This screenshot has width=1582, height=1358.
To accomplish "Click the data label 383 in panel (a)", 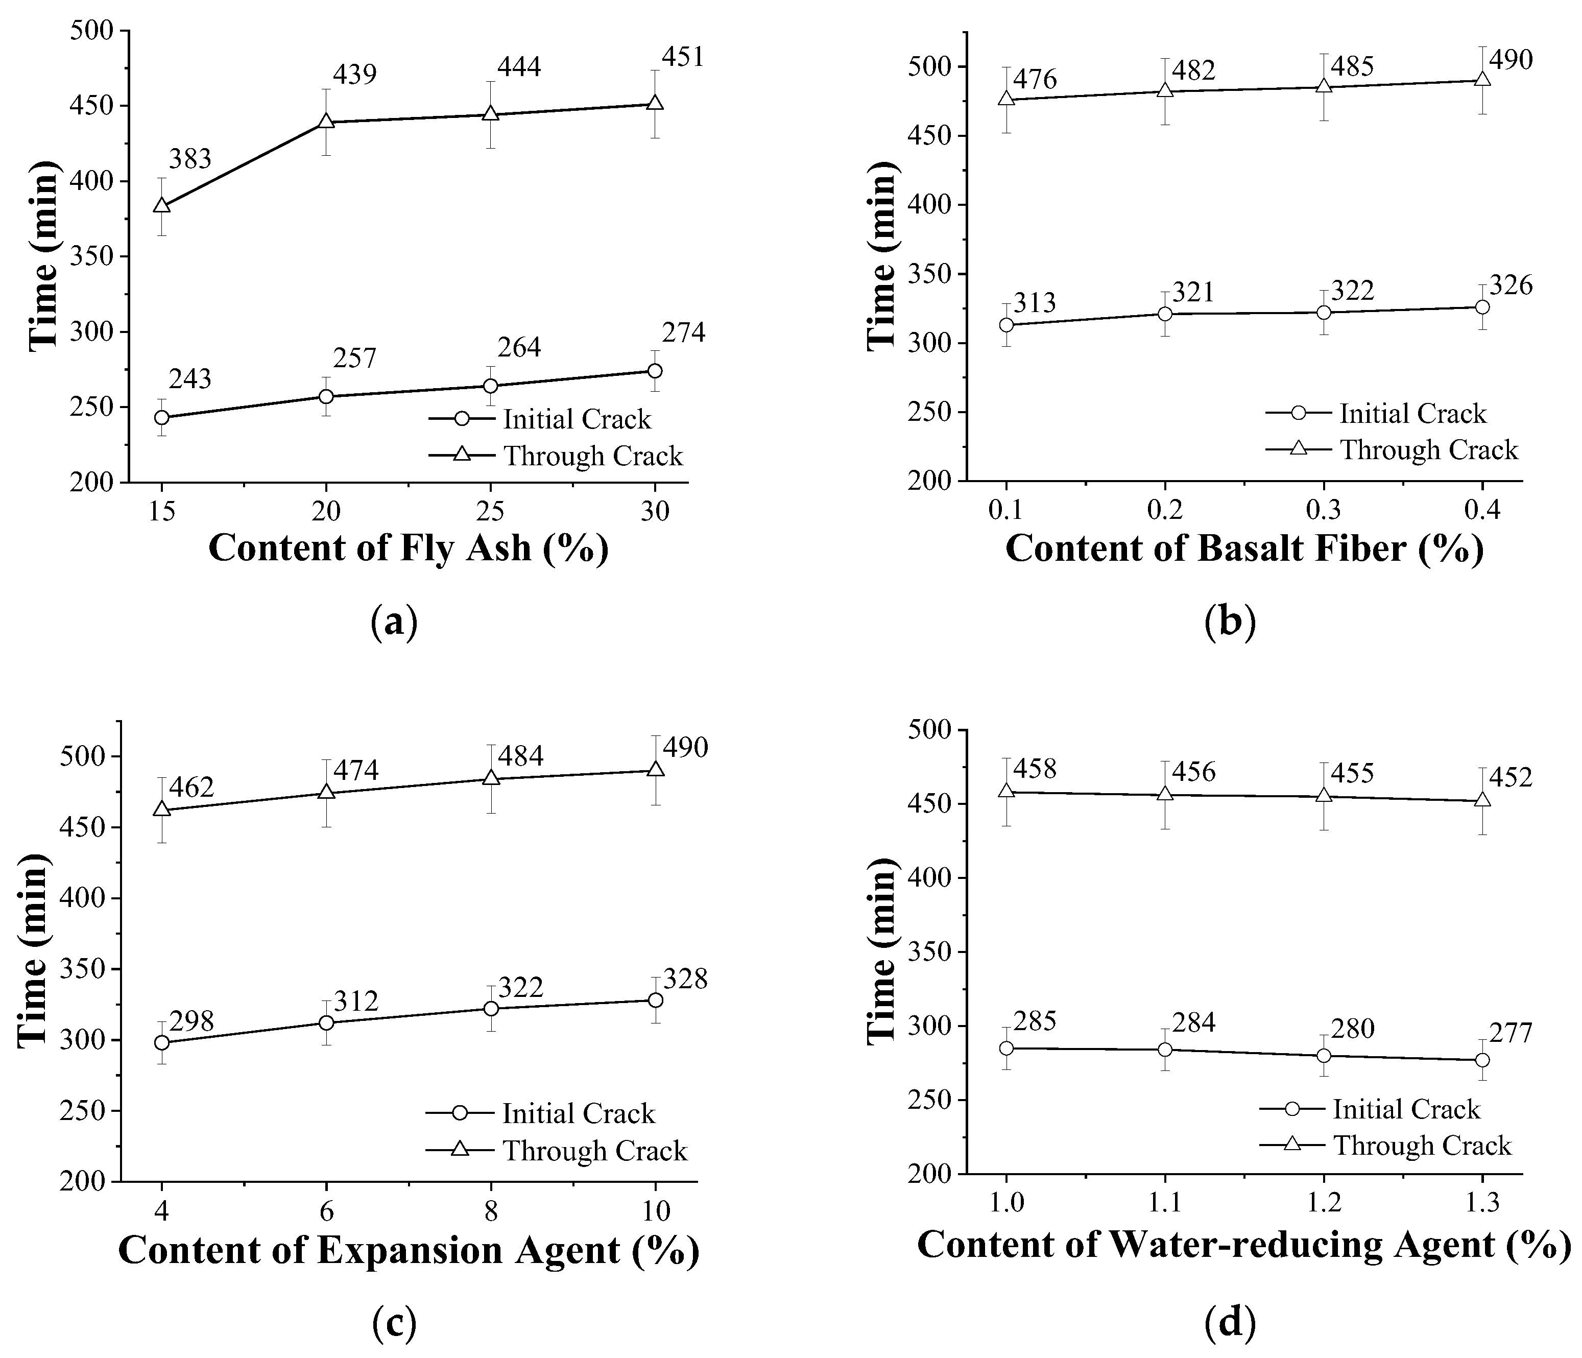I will coord(189,160).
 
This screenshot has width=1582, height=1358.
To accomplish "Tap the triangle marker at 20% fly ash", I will coord(326,122).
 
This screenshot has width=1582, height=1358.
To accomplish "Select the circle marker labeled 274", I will coord(654,370).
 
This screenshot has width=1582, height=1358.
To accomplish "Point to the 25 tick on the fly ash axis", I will coord(490,510).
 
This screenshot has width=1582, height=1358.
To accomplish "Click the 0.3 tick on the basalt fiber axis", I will coord(1323,509).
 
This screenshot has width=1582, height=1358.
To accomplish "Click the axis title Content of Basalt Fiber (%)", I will coord(1244,549).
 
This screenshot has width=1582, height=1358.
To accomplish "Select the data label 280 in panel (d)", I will coord(1352,1029).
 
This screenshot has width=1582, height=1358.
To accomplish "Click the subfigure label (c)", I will coord(394,1325).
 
